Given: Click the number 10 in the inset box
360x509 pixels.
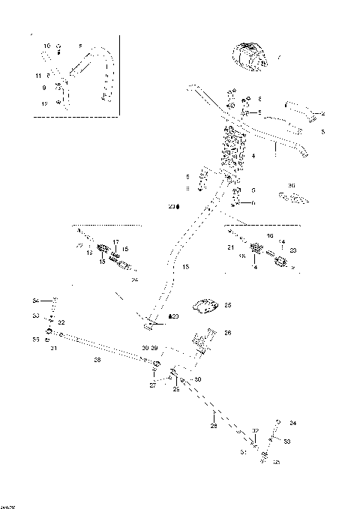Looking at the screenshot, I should tap(46, 46).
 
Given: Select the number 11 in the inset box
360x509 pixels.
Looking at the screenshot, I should tap(38, 76).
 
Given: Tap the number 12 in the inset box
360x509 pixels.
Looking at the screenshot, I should tap(44, 103).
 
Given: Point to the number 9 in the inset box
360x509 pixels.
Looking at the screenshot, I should tap(44, 88).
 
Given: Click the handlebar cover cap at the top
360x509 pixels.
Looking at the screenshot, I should tap(250, 57).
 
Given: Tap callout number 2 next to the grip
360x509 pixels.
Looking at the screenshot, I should tap(323, 113).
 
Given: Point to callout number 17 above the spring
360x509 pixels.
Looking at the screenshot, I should tap(115, 241).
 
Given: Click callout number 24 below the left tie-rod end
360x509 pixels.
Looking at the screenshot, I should tap(135, 280).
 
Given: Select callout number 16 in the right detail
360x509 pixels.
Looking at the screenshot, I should tap(270, 235).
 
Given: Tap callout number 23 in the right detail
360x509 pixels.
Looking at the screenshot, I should tap(293, 250).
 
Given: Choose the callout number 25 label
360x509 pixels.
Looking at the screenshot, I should tap(228, 305).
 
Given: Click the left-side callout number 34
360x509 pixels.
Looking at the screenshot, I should tap(35, 301).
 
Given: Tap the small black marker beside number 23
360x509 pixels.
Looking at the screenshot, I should tap(178, 205).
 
